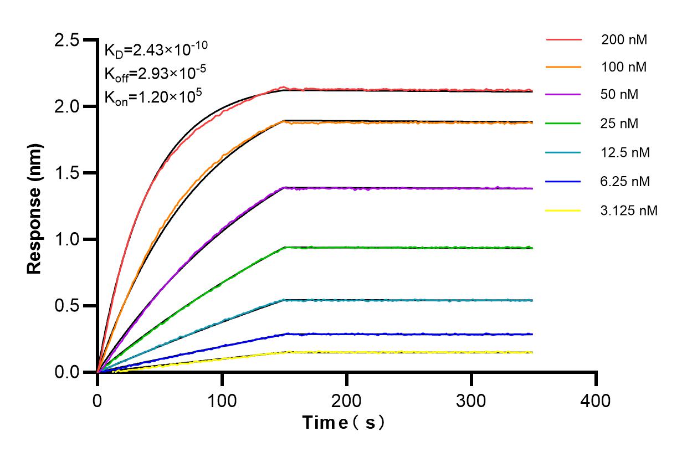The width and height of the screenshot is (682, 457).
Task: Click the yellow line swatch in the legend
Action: pos(564,210)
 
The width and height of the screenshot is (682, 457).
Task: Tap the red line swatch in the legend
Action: pos(564,40)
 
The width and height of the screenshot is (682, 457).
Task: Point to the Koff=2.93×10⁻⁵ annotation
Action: pos(152,74)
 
